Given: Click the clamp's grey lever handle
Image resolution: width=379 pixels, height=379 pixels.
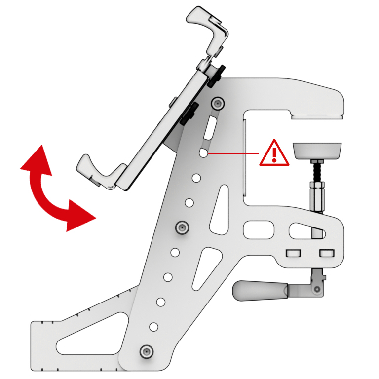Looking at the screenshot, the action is click(259, 290).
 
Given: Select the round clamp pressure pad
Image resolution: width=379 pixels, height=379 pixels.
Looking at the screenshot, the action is click(317, 150).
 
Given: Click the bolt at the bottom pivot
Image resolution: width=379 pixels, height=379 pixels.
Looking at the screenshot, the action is click(145, 351).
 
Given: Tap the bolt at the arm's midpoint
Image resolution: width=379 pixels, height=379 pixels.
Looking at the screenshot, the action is click(183, 227).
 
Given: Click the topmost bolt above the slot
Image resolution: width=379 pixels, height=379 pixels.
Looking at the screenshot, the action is click(218, 103).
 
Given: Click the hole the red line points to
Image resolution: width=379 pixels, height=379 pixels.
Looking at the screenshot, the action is click(203, 153).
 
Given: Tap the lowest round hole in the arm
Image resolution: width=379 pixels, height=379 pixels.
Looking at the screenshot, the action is click(153, 326).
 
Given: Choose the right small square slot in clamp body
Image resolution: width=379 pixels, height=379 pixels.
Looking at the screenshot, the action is click(326, 253).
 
